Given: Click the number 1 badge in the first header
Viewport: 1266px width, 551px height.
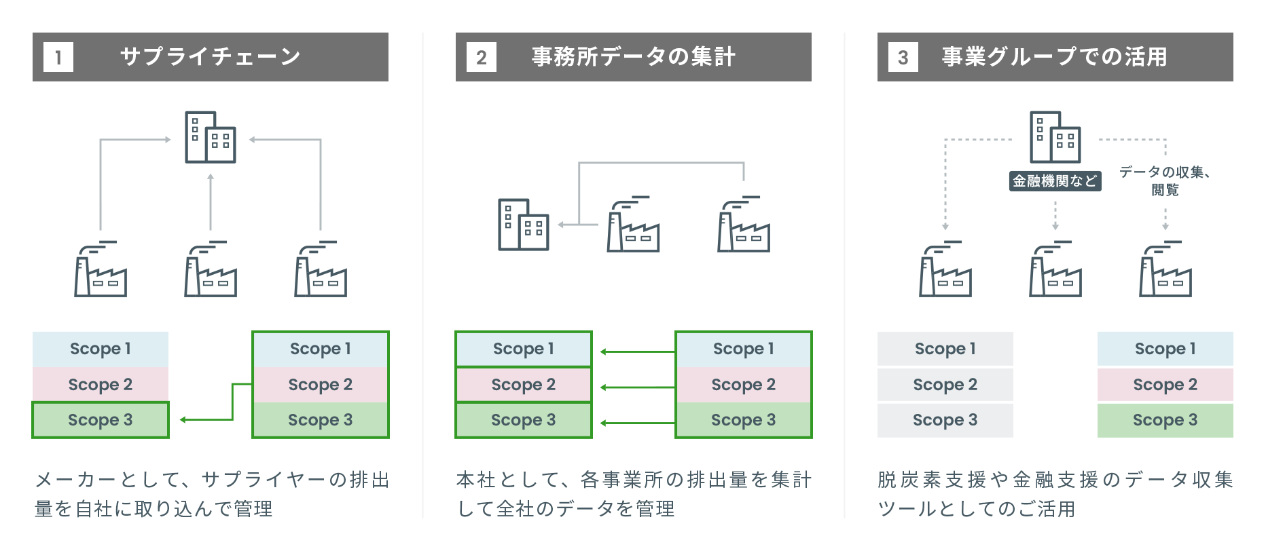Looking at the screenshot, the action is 58,57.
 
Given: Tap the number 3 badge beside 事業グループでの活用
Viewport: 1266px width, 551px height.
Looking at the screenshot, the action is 903,57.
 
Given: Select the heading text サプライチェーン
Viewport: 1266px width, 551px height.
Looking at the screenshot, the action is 211,56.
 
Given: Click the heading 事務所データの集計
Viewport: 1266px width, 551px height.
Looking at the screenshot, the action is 633,56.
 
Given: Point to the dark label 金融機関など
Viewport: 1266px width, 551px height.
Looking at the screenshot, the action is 1055,180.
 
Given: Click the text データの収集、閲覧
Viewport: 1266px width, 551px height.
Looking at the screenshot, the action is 1165,180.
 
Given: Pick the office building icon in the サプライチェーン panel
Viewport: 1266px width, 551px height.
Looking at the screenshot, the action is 211,137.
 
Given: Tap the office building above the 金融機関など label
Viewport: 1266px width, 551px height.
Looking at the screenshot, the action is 1055,137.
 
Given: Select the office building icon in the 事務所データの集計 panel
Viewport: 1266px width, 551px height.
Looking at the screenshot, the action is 523,225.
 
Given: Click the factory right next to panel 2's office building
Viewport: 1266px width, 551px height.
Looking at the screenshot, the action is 633,224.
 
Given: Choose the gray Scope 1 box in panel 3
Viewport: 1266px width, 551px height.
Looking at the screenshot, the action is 945,349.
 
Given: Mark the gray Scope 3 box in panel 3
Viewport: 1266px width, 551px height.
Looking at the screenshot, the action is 945,420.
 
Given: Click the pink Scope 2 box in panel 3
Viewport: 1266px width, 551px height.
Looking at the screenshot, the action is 1165,385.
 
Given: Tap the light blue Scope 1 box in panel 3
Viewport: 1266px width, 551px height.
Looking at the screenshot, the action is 1165,349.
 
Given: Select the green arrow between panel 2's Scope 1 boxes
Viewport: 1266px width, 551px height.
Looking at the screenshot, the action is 638,351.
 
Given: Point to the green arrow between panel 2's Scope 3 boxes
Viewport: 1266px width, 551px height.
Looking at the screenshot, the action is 638,423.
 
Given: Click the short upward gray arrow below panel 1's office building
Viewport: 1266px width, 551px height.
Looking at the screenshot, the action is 211,202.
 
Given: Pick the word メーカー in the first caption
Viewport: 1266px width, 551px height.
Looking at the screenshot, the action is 76,480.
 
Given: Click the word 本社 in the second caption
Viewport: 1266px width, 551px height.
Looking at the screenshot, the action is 475,480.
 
